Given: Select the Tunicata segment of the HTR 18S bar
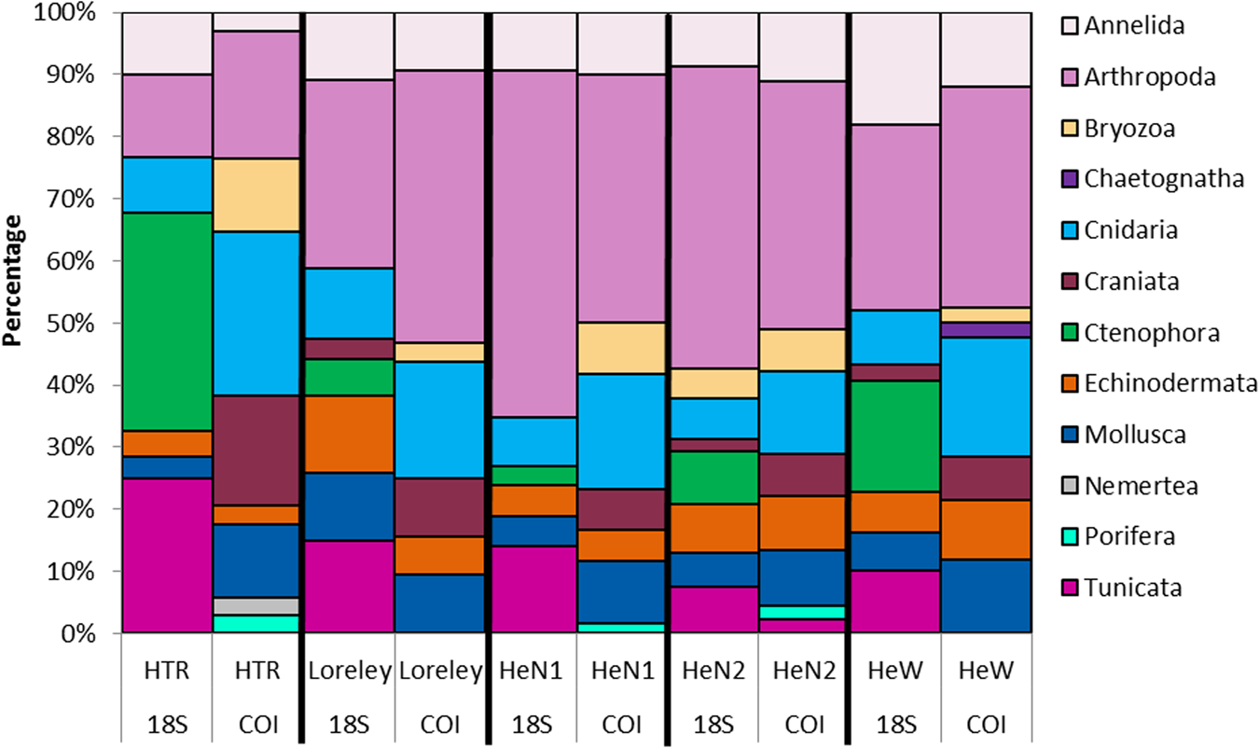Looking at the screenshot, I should (x=167, y=556).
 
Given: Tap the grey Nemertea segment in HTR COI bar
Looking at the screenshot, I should (x=256, y=606).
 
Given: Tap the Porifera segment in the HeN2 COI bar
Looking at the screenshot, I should (x=802, y=612).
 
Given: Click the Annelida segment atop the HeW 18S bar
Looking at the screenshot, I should (x=893, y=69).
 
